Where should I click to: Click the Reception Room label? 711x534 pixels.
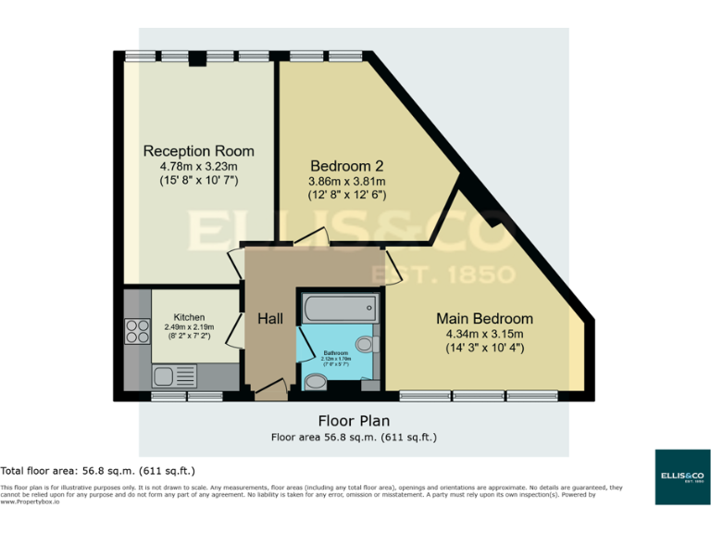click(198, 150)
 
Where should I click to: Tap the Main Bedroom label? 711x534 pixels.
click(484, 318)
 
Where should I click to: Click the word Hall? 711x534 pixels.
click(270, 318)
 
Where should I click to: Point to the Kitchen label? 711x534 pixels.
click(189, 317)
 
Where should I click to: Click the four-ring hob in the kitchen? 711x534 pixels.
click(138, 331)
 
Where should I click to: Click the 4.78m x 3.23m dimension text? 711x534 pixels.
click(198, 166)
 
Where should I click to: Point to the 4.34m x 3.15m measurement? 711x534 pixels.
click(484, 334)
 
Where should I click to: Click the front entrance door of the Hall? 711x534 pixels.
click(270, 390)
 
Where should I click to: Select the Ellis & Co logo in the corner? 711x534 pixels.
click(682, 477)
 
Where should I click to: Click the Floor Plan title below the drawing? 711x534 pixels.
click(354, 419)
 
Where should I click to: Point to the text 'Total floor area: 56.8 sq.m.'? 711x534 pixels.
click(97, 470)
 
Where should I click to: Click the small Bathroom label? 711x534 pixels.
click(335, 353)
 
